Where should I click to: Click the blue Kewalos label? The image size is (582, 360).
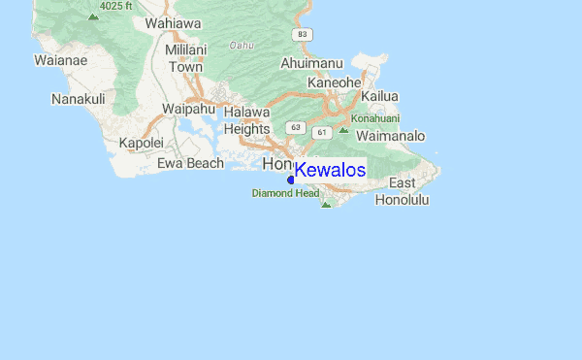click(330, 170)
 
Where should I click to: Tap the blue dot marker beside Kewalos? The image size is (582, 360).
click(291, 180)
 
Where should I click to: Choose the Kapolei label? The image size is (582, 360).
click(142, 143)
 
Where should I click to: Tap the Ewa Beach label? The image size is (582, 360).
click(191, 163)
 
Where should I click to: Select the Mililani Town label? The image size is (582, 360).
click(186, 58)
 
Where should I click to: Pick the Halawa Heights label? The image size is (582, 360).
click(246, 120)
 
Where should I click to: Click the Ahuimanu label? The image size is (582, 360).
click(312, 63)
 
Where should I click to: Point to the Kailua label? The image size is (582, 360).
click(379, 96)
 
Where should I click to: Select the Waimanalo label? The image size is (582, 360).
click(391, 137)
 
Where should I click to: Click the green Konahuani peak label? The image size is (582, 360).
click(376, 118)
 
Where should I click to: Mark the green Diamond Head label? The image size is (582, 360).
click(285, 193)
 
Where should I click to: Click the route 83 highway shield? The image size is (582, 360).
click(305, 34)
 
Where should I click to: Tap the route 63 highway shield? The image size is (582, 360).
click(296, 127)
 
